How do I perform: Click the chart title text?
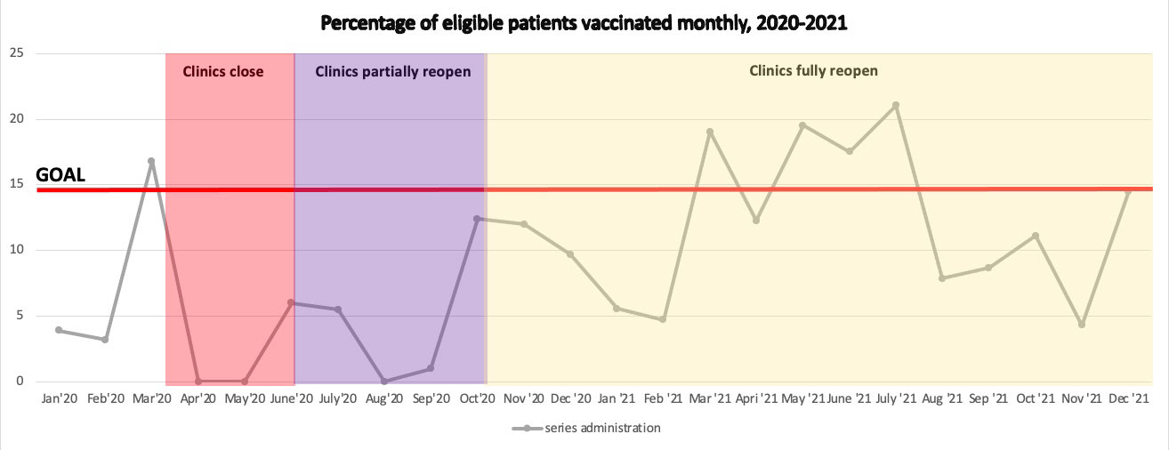[x=584, y=24]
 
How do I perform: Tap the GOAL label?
[x=60, y=175]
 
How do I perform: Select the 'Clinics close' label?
[x=223, y=72]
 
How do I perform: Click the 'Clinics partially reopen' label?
[x=392, y=72]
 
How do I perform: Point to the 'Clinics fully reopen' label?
[x=813, y=71]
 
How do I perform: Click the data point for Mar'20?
[x=151, y=162]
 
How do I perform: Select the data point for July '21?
[x=896, y=105]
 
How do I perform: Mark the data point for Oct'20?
[x=477, y=219]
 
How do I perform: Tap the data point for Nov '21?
[x=1082, y=325]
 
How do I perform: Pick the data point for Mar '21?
[x=710, y=132]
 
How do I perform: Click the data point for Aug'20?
[x=384, y=382]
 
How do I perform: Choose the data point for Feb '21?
[x=663, y=319]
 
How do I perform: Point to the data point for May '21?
[x=802, y=125]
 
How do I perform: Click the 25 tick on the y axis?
[x=17, y=53]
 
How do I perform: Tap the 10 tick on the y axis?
[x=17, y=250]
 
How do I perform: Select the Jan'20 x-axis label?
[x=59, y=398]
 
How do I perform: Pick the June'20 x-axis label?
[x=291, y=398]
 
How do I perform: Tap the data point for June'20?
[x=291, y=303]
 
